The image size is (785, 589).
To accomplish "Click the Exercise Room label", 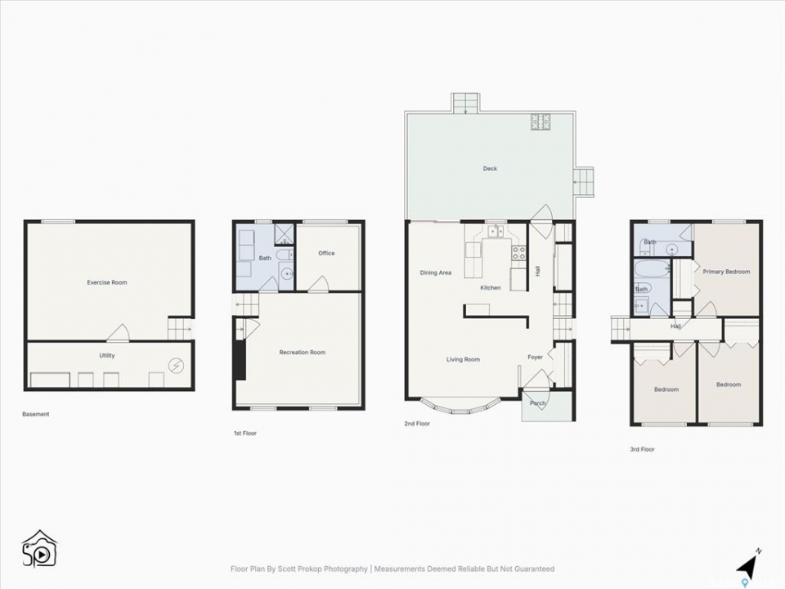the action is point(107,282).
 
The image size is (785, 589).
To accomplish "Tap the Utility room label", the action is point(107,356).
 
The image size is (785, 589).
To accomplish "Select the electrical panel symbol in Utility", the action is point(176,366).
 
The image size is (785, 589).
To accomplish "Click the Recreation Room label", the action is point(303,353).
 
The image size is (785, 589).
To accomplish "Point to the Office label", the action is point(326,254).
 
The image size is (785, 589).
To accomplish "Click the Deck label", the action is point(490,169).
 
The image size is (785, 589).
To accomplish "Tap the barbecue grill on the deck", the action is point(541,122).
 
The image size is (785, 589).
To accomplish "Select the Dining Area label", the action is point(436,273).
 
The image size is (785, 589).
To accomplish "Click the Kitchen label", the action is point(491,288).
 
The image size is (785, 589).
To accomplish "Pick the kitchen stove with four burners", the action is point(519,253).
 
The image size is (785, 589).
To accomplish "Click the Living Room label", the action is point(463,360).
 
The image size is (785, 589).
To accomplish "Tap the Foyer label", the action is point(535,357).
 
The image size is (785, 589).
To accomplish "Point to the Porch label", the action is point(538,403).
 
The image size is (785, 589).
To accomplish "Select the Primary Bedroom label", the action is point(726,272).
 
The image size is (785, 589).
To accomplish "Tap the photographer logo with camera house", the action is point(39,548).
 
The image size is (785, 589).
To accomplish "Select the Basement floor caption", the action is point(35,414).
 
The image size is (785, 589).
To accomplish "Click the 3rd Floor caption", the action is point(643,450).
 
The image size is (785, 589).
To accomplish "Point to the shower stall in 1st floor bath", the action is point(285,233).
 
